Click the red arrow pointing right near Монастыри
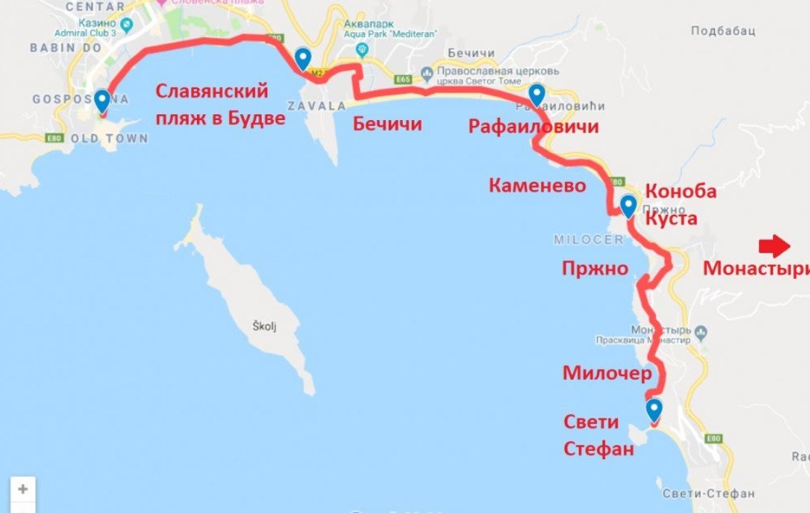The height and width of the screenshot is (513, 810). [x=774, y=247]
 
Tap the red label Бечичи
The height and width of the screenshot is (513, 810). [x=387, y=124]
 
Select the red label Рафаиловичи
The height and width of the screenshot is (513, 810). [x=533, y=127]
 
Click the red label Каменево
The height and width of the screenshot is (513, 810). [x=537, y=186]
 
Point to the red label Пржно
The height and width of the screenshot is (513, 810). [x=594, y=269]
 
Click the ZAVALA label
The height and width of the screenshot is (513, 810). [x=317, y=106]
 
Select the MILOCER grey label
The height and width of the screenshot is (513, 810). [x=588, y=239]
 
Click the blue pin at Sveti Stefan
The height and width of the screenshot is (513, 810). [x=654, y=410]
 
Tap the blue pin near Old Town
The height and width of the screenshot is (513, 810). [x=102, y=101]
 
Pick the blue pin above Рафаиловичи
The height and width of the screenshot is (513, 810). [x=537, y=95]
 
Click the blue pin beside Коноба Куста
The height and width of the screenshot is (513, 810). [x=628, y=206]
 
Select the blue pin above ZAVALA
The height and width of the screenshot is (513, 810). [x=303, y=58]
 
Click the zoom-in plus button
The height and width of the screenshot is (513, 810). [x=23, y=489]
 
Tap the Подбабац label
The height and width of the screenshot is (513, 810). [x=723, y=31]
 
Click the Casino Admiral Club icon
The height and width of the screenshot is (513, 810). [x=128, y=25]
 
